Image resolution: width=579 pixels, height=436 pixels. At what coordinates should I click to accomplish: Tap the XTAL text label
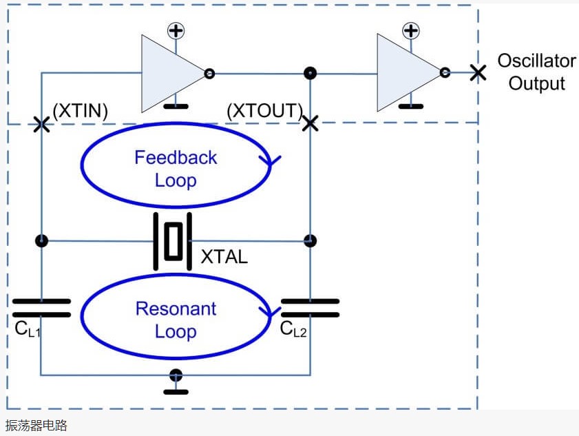[224, 258]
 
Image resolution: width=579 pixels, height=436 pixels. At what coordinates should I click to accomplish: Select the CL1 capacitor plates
[41, 308]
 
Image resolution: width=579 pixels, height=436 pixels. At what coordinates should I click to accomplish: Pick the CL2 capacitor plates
[310, 308]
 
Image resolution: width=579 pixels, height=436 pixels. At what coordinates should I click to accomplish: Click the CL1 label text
[28, 329]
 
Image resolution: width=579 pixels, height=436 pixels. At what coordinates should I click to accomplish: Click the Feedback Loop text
[176, 169]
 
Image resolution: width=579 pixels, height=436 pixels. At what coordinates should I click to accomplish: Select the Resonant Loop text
[176, 320]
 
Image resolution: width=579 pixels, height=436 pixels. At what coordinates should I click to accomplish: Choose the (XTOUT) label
[265, 111]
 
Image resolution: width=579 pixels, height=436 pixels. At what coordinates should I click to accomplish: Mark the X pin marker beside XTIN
[41, 124]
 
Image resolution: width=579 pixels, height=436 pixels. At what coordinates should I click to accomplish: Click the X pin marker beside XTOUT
[310, 123]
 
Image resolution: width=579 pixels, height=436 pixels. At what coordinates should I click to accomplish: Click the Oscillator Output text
[536, 72]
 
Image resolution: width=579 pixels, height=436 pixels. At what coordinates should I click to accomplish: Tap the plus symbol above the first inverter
[176, 30]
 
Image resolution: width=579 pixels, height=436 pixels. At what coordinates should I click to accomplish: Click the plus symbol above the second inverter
[411, 30]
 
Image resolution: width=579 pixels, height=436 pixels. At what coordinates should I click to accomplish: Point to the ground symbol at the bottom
[176, 382]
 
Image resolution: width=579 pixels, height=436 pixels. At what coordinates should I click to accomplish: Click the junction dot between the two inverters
[310, 72]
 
